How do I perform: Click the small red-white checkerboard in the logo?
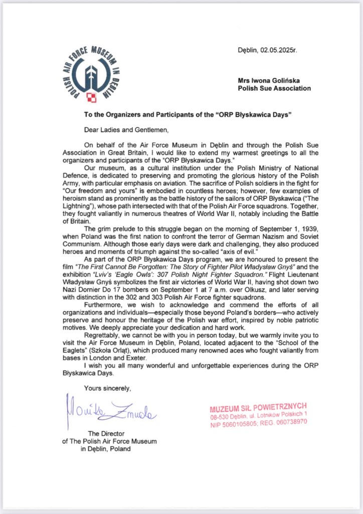91,96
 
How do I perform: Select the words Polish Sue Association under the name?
274,88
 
